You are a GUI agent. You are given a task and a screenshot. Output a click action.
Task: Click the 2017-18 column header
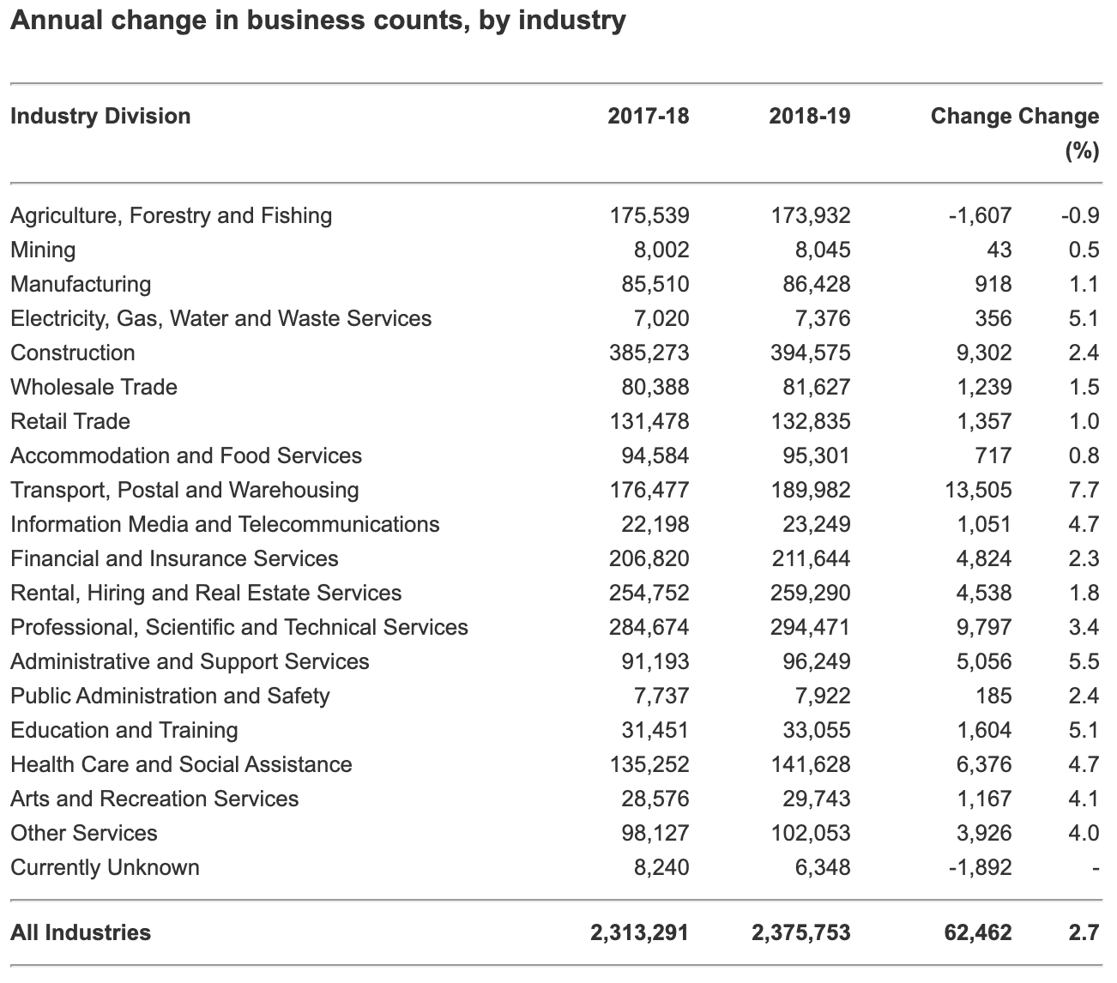[x=648, y=116]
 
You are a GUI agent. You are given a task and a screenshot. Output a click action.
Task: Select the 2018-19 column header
[x=809, y=116]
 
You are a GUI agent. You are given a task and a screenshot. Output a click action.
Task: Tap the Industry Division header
[x=100, y=116]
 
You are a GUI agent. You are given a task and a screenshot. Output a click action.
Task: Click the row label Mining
[x=43, y=250]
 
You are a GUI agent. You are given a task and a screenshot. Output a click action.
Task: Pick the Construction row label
[x=73, y=353]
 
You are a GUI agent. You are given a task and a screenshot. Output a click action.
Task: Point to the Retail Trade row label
[x=70, y=421]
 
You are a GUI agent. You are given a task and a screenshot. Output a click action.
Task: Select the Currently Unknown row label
[x=105, y=867]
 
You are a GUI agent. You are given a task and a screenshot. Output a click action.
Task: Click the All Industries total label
[x=81, y=932]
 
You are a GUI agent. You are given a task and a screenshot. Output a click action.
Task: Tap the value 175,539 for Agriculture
[x=649, y=215]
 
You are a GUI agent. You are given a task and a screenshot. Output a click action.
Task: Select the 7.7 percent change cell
[x=1084, y=490]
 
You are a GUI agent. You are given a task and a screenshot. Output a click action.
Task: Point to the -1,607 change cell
[x=980, y=215]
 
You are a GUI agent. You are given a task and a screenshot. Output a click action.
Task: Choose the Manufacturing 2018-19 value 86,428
[x=817, y=284]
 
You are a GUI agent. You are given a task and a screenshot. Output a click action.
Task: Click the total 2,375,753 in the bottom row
[x=801, y=932]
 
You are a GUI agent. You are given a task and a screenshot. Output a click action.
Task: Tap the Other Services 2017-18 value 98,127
[x=655, y=833]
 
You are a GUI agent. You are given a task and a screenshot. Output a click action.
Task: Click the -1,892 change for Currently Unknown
[x=980, y=867]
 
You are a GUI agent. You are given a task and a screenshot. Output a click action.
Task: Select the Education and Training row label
[x=124, y=730]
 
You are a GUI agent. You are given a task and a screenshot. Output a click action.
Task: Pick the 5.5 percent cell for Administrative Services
[x=1084, y=661]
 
